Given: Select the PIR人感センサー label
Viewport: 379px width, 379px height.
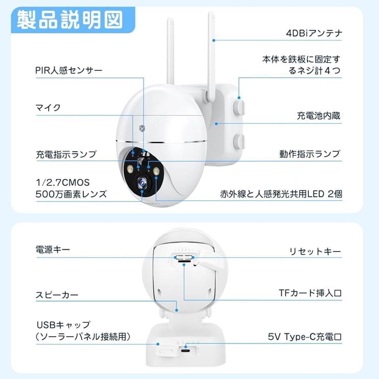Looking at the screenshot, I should tap(69, 70).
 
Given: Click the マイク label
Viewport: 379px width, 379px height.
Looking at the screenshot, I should tap(48, 108).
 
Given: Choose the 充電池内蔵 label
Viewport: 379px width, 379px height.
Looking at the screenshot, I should tap(318, 116).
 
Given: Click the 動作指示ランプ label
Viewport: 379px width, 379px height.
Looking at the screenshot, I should tap(310, 154).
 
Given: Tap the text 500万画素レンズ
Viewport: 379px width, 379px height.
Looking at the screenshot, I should tap(71, 194).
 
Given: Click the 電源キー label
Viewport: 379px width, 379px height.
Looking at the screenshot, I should tap(53, 250).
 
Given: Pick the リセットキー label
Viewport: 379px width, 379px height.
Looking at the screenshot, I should tap(315, 251).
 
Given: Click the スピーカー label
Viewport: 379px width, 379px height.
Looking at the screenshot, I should tap(57, 295).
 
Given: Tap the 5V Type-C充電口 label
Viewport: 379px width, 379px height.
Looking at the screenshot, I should tap(305, 337).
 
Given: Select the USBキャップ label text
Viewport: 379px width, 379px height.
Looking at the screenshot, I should tap(63, 325).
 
